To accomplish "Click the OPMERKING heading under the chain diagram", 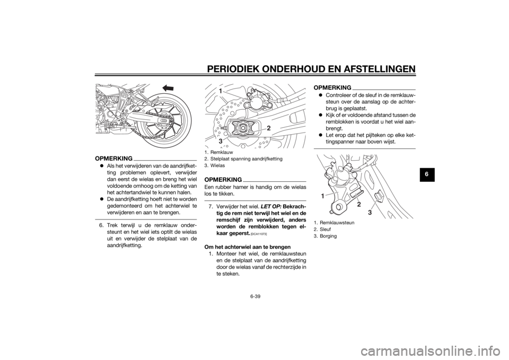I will pyautogui.click(x=113, y=158).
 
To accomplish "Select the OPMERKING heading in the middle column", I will pyautogui.click(x=224, y=179).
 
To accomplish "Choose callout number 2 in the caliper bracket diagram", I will pyautogui.click(x=359, y=204).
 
